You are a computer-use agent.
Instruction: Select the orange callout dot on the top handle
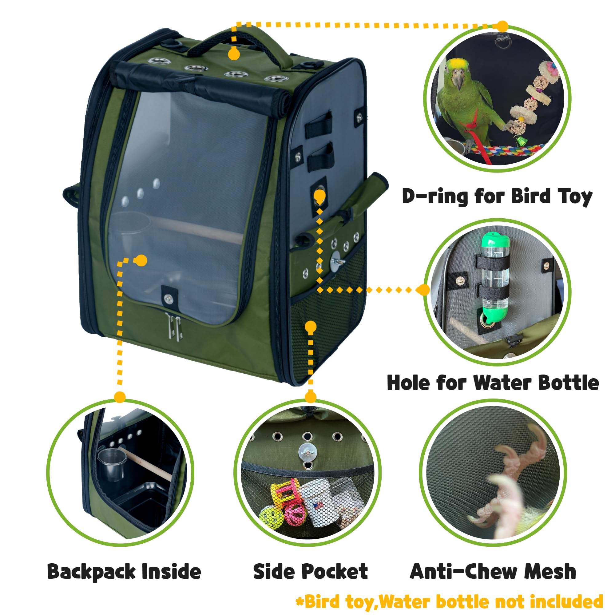point(234,54)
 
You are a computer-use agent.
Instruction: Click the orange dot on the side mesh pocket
point(310,327)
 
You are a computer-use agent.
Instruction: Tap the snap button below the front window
point(168,298)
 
